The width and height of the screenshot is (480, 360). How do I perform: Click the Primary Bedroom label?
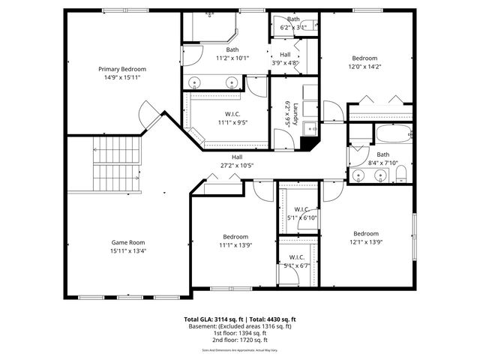[x=122, y=69]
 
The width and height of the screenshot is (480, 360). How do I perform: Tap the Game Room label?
[x=128, y=242]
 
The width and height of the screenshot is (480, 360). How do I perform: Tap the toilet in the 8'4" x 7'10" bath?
[x=400, y=175]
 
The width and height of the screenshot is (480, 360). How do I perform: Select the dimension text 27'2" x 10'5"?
[x=237, y=166]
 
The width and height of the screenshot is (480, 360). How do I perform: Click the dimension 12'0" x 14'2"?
[x=365, y=66]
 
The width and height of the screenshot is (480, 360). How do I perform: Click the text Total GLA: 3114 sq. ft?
[x=214, y=319]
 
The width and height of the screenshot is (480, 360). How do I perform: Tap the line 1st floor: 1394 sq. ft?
[x=239, y=333]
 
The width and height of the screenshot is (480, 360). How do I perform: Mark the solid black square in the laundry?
[x=308, y=143]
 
